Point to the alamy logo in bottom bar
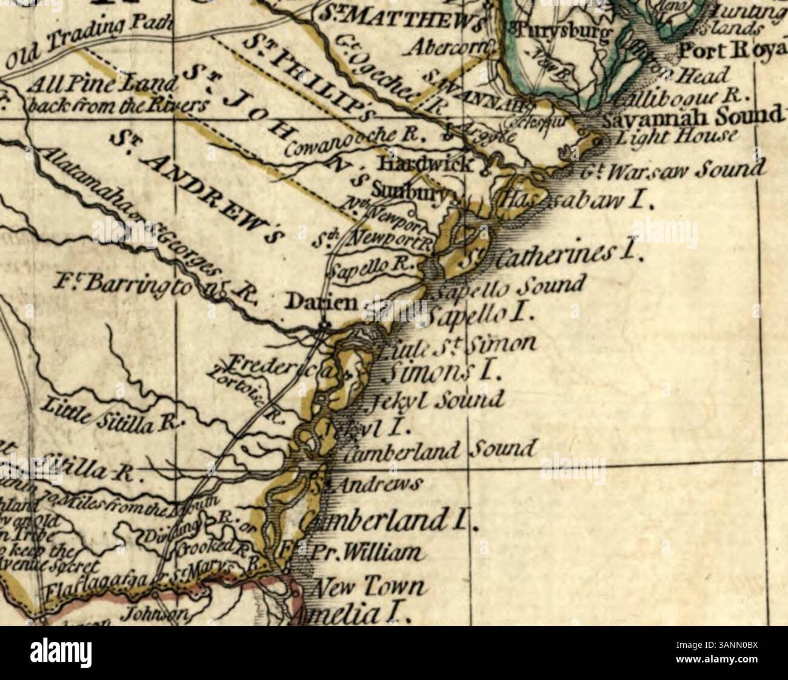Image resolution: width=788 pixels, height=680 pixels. point(59,653)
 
